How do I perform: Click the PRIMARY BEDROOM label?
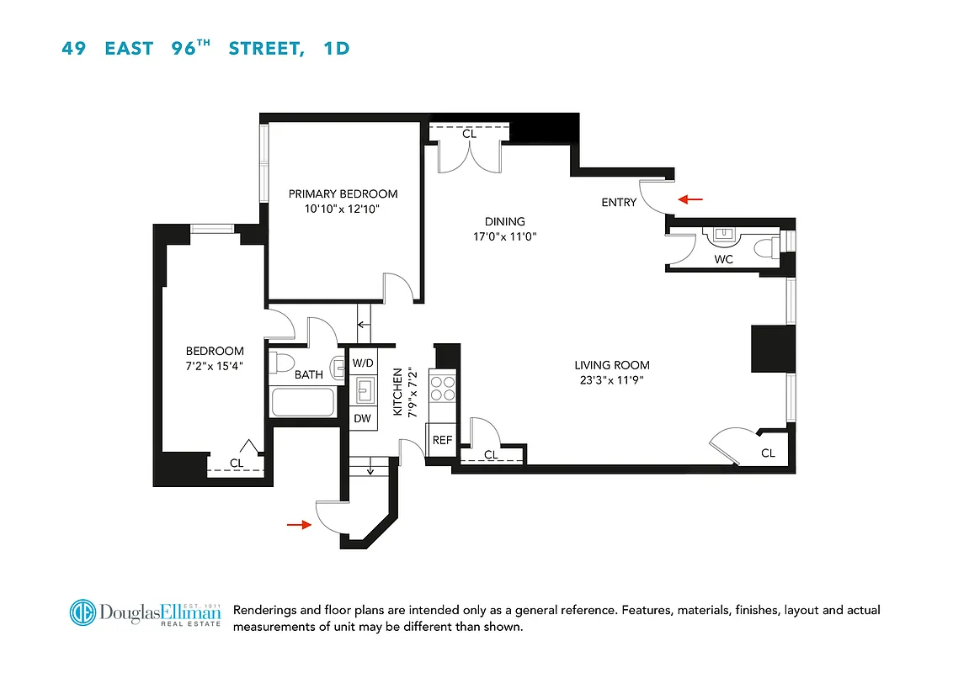[x=343, y=193]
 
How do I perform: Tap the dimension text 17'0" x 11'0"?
[x=504, y=236]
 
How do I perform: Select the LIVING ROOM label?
[x=612, y=365]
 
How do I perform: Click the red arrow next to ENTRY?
[x=691, y=199]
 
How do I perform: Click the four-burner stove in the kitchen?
[x=443, y=387]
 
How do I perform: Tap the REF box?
[x=442, y=440]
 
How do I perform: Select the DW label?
[x=362, y=418]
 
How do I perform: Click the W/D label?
[x=363, y=363]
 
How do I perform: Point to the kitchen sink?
[x=365, y=390]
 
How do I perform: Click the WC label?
[x=723, y=259]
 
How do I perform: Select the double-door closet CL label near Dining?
[x=469, y=134]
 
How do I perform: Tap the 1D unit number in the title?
[x=336, y=48]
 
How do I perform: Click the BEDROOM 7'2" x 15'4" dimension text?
[x=215, y=364]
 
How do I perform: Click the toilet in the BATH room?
[x=283, y=364]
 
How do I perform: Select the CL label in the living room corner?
[x=768, y=453]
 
